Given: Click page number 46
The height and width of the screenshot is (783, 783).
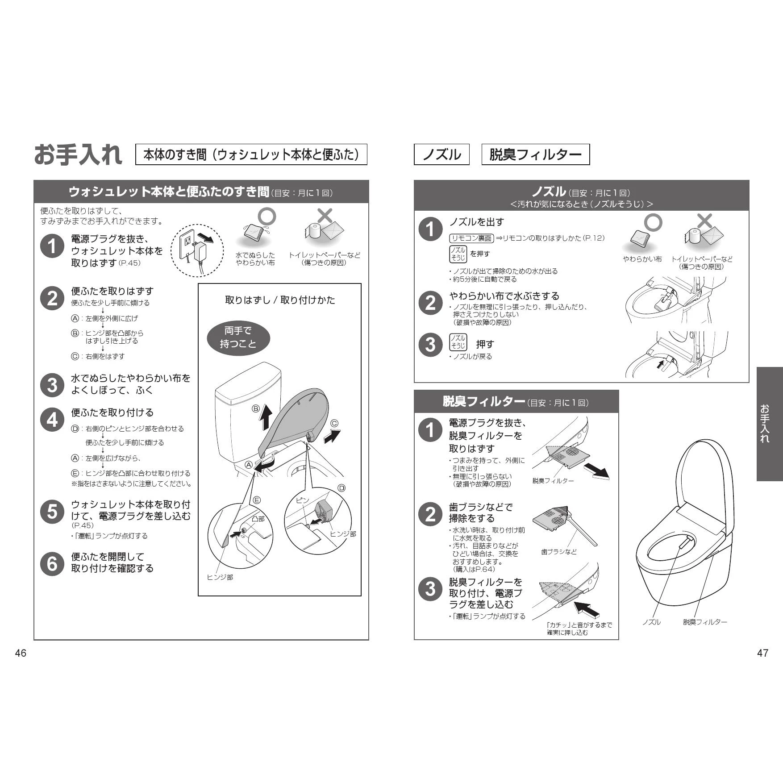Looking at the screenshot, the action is click(21, 653).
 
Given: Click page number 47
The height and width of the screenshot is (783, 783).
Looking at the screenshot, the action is click(762, 653).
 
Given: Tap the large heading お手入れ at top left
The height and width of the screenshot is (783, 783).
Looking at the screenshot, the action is click(78, 154).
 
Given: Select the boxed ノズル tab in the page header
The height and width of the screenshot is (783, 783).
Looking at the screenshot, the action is click(441, 154).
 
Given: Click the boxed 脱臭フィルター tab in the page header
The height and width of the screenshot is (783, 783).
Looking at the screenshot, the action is click(535, 154).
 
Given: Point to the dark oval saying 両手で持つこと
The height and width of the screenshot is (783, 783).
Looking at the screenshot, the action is click(238, 337).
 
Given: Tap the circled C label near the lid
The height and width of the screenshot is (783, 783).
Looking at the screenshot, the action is click(334, 424).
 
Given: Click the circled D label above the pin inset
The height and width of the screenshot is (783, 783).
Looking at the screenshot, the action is click(342, 488).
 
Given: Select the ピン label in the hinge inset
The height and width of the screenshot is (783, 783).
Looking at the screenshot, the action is click(302, 500).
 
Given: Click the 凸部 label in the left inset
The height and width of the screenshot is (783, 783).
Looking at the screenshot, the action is click(258, 519).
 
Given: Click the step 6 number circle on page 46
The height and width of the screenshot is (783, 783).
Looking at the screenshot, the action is click(52, 563).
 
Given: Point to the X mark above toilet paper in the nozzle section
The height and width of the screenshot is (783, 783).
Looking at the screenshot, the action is click(704, 221).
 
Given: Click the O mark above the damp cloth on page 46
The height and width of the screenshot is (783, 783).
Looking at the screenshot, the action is click(267, 217).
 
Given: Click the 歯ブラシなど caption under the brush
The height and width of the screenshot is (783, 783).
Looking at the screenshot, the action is click(559, 552).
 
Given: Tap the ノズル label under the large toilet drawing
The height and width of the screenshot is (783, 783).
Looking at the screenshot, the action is click(651, 622).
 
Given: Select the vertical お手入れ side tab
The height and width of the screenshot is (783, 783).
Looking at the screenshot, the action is click(769, 424).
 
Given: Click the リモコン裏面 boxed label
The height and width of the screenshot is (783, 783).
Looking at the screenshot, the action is click(471, 238).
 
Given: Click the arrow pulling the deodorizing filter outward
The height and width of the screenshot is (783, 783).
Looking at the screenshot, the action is click(596, 471).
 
